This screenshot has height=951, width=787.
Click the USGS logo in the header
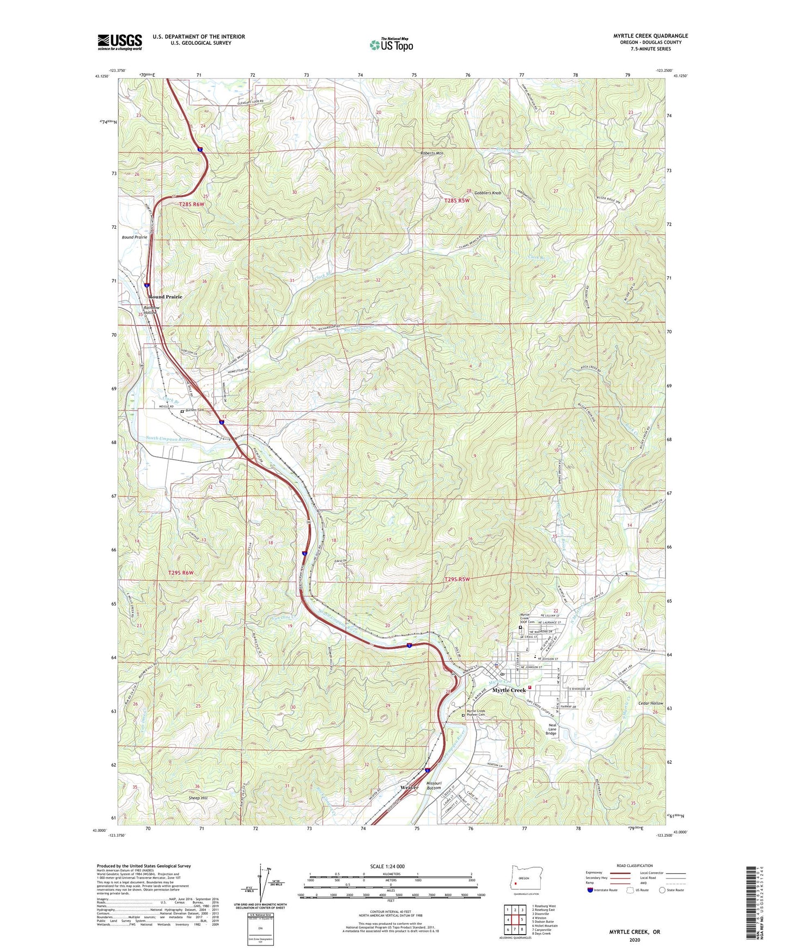[120, 42]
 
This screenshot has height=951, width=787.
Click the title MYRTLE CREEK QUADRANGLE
[650, 36]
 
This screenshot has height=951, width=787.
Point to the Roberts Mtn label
[432, 154]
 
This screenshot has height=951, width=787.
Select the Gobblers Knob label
[487, 193]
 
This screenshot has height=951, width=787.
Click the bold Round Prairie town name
[166, 297]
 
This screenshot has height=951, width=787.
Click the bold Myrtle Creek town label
[509, 690]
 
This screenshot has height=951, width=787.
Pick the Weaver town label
[409, 788]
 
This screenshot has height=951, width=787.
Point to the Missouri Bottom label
[434, 785]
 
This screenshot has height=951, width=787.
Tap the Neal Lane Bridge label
[551, 729]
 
